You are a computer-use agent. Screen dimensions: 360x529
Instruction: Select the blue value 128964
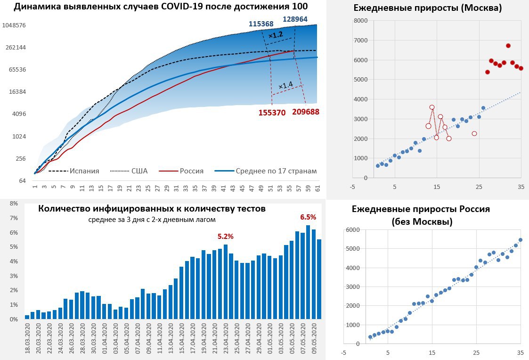(x=298, y=19)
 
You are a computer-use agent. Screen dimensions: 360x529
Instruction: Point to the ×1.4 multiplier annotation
(x=285, y=85)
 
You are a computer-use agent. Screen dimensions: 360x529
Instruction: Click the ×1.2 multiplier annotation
(x=276, y=35)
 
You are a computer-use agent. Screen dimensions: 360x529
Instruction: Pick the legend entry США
(x=139, y=171)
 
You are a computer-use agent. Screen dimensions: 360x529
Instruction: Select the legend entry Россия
(x=191, y=171)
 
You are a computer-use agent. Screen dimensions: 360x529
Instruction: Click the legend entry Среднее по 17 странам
(x=276, y=171)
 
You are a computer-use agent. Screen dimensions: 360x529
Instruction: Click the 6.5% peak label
(x=308, y=217)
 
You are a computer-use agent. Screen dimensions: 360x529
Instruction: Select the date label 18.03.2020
(x=27, y=339)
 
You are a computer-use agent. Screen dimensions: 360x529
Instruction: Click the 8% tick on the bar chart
(x=14, y=204)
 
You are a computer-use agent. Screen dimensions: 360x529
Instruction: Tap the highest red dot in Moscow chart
(x=508, y=46)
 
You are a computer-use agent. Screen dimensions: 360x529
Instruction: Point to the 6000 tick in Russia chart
(x=352, y=230)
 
